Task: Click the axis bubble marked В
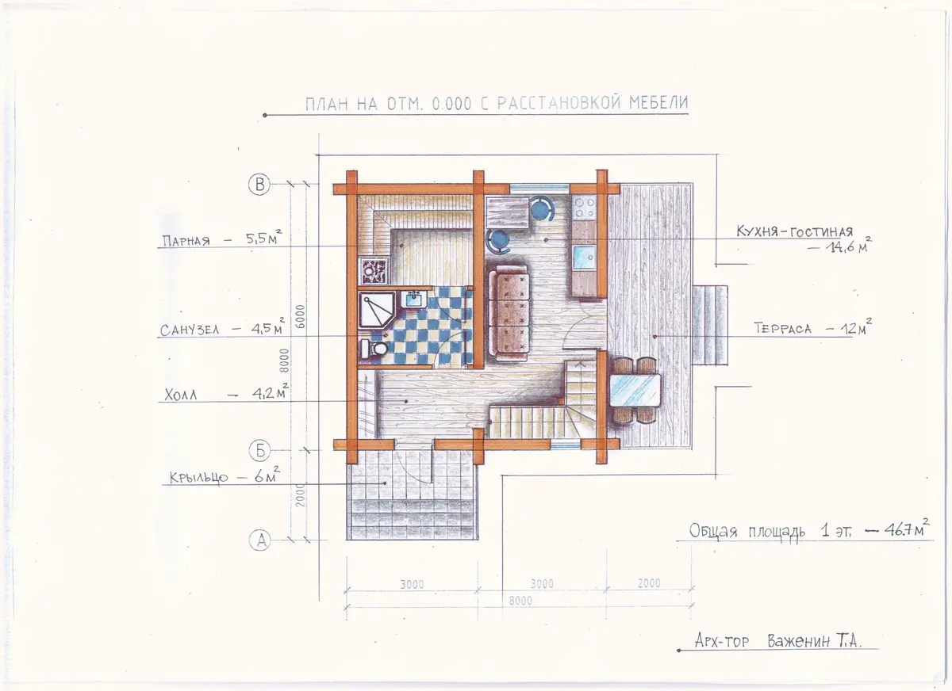[259, 185]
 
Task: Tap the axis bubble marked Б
[259, 450]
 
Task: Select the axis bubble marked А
[259, 540]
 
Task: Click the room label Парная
[186, 241]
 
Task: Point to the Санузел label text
[190, 330]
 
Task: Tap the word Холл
[181, 395]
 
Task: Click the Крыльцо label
[199, 477]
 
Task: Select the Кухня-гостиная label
[794, 231]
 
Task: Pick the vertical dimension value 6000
[300, 316]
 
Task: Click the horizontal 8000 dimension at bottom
[520, 601]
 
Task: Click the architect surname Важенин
[799, 641]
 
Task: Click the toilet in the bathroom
[374, 349]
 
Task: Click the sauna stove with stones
[374, 271]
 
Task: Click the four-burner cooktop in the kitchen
[585, 208]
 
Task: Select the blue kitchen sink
[585, 258]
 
